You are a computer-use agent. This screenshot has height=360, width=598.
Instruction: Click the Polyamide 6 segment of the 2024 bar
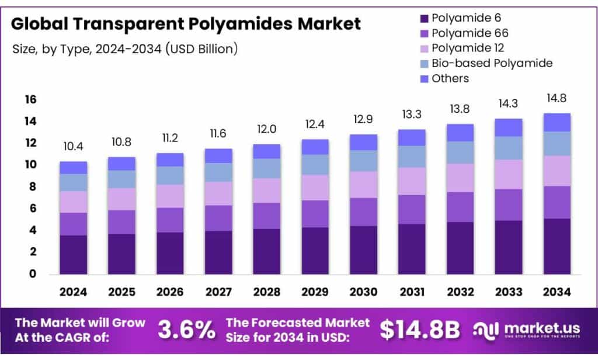coord(73,254)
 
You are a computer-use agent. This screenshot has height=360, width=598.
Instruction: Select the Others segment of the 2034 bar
coord(557,122)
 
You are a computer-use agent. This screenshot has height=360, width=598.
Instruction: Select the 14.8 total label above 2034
coord(557,98)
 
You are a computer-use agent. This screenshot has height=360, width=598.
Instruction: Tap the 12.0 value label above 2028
coord(266,129)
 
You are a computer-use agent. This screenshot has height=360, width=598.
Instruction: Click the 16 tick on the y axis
coord(30,100)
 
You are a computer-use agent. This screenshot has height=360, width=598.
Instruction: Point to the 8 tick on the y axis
coord(33,187)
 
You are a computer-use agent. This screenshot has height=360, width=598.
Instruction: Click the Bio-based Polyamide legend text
coord(492,63)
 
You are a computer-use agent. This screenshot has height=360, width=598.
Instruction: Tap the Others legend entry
coord(450,78)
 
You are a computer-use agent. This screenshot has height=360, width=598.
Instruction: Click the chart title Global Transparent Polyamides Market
coord(186,24)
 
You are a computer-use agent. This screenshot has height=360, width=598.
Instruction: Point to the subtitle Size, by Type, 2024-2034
coord(125,49)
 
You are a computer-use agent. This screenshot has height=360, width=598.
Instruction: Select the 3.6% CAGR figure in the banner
coord(186,330)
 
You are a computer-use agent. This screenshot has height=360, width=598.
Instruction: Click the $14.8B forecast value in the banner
coord(420,330)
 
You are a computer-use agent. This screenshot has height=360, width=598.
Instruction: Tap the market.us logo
coord(529,330)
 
